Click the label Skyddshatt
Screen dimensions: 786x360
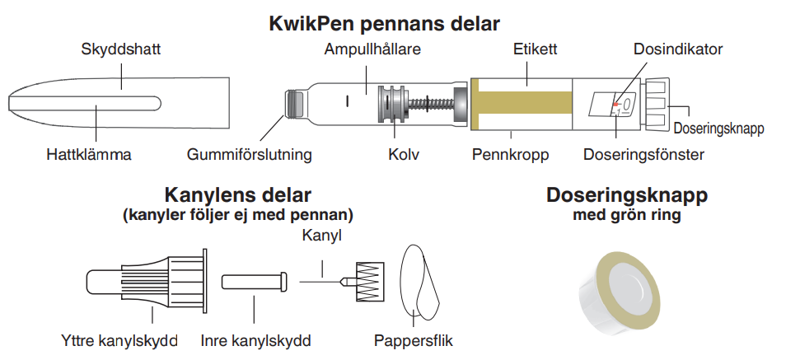[x=121, y=49]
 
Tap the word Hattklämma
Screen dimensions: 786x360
[x=89, y=154]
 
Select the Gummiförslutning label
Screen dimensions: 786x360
[x=249, y=154]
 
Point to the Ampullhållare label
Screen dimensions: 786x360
[x=372, y=49]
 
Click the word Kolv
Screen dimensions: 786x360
[x=404, y=154]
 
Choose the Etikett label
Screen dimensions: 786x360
[x=535, y=49]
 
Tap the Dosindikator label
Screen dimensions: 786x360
[x=678, y=49]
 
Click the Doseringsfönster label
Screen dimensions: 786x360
[x=643, y=154]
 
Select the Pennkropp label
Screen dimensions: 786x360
[x=510, y=154]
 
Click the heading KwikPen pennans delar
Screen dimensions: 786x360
[x=385, y=24]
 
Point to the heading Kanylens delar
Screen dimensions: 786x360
[x=237, y=194]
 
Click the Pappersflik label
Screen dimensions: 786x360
[x=413, y=341]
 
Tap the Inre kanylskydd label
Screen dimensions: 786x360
[x=255, y=341]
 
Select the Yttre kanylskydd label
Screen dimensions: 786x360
[x=119, y=341]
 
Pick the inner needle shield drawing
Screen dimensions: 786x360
[x=255, y=281]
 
